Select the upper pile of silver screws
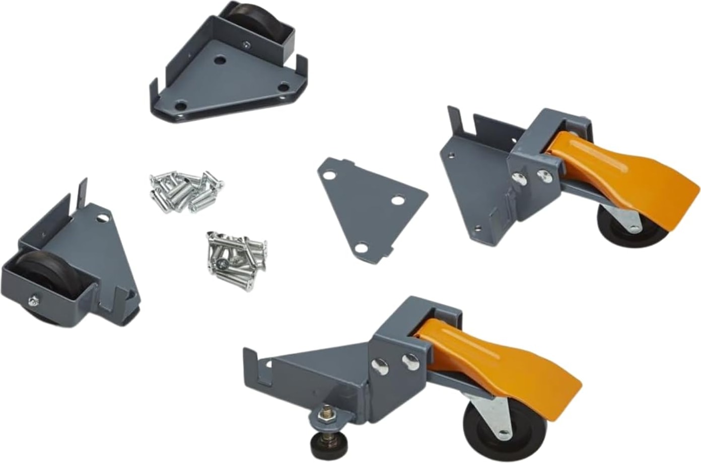pyautogui.click(x=185, y=192)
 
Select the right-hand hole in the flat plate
pyautogui.click(x=398, y=200)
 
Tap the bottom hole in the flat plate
pyautogui.click(x=360, y=248)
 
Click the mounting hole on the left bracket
pyautogui.click(x=103, y=218)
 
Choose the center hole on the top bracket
pyautogui.click(x=219, y=60)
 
